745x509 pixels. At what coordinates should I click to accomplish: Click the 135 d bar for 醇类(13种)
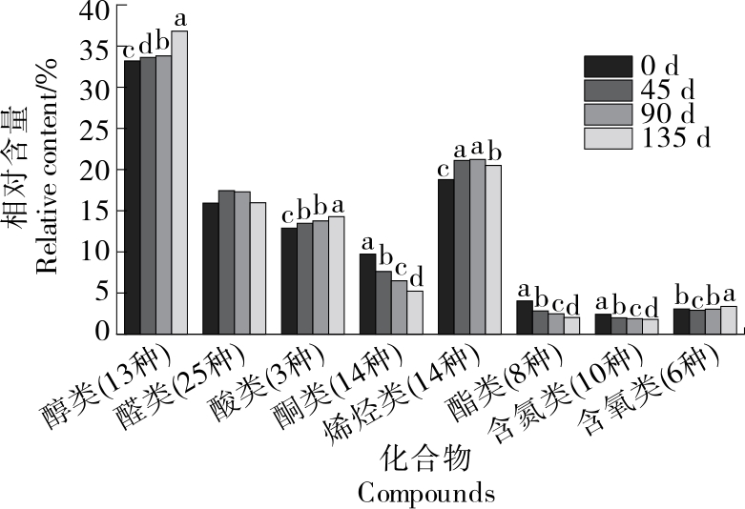[x=179, y=182]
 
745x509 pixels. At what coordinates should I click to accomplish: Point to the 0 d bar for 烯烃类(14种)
[x=445, y=256]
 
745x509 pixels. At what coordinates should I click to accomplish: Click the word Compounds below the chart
[x=426, y=493]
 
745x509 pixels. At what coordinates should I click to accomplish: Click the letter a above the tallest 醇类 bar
[x=179, y=19]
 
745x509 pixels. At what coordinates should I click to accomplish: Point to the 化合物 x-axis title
[x=426, y=459]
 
